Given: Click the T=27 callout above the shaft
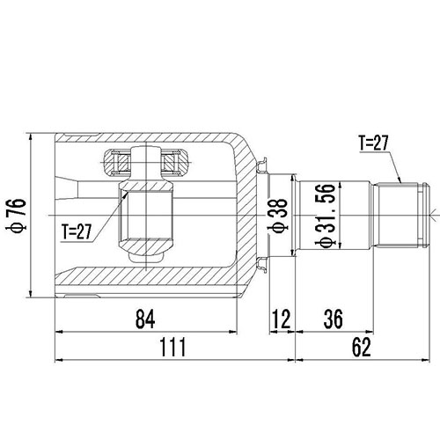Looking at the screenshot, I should tap(375, 142).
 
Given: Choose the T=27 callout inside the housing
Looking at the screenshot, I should tap(77, 231).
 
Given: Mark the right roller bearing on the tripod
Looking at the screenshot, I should tap(172, 161).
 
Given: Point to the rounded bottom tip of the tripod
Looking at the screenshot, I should tap(146, 260).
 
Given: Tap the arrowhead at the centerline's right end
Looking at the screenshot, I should tap(432, 214).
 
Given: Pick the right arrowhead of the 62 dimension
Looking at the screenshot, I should tap(430, 359).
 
